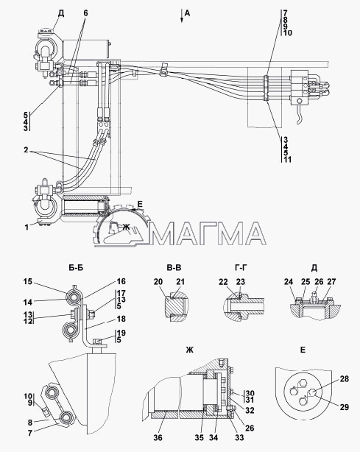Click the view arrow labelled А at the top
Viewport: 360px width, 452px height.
click(182, 16)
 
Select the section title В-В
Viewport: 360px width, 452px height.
click(174, 268)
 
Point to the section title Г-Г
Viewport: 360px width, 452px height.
click(241, 268)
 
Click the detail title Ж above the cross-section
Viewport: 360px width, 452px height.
click(189, 350)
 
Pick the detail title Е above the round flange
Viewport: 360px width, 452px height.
click(303, 350)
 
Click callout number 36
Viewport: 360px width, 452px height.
click(158, 437)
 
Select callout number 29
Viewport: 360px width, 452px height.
click(344, 407)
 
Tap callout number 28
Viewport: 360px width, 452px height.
click(345, 379)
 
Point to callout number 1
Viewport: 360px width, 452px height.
click(27, 227)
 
